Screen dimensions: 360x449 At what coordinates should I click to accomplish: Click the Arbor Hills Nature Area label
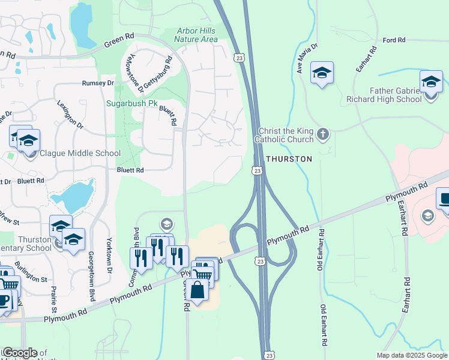click(x=196, y=35)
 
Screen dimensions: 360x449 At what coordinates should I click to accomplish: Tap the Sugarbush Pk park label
click(x=131, y=103)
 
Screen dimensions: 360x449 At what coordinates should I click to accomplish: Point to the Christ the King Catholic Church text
click(x=285, y=135)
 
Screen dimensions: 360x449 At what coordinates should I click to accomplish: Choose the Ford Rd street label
click(x=394, y=40)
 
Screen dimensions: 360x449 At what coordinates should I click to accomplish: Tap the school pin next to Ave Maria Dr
click(x=322, y=73)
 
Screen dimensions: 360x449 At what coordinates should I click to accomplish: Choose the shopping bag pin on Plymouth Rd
click(x=197, y=290)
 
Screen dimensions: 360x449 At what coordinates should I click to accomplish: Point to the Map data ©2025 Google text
click(x=411, y=355)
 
